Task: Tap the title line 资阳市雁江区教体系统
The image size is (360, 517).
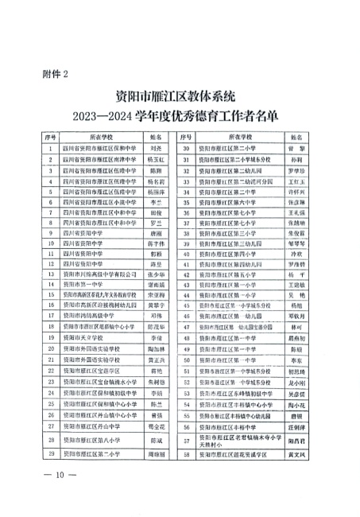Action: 176,97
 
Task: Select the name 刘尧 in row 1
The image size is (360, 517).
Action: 156,148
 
